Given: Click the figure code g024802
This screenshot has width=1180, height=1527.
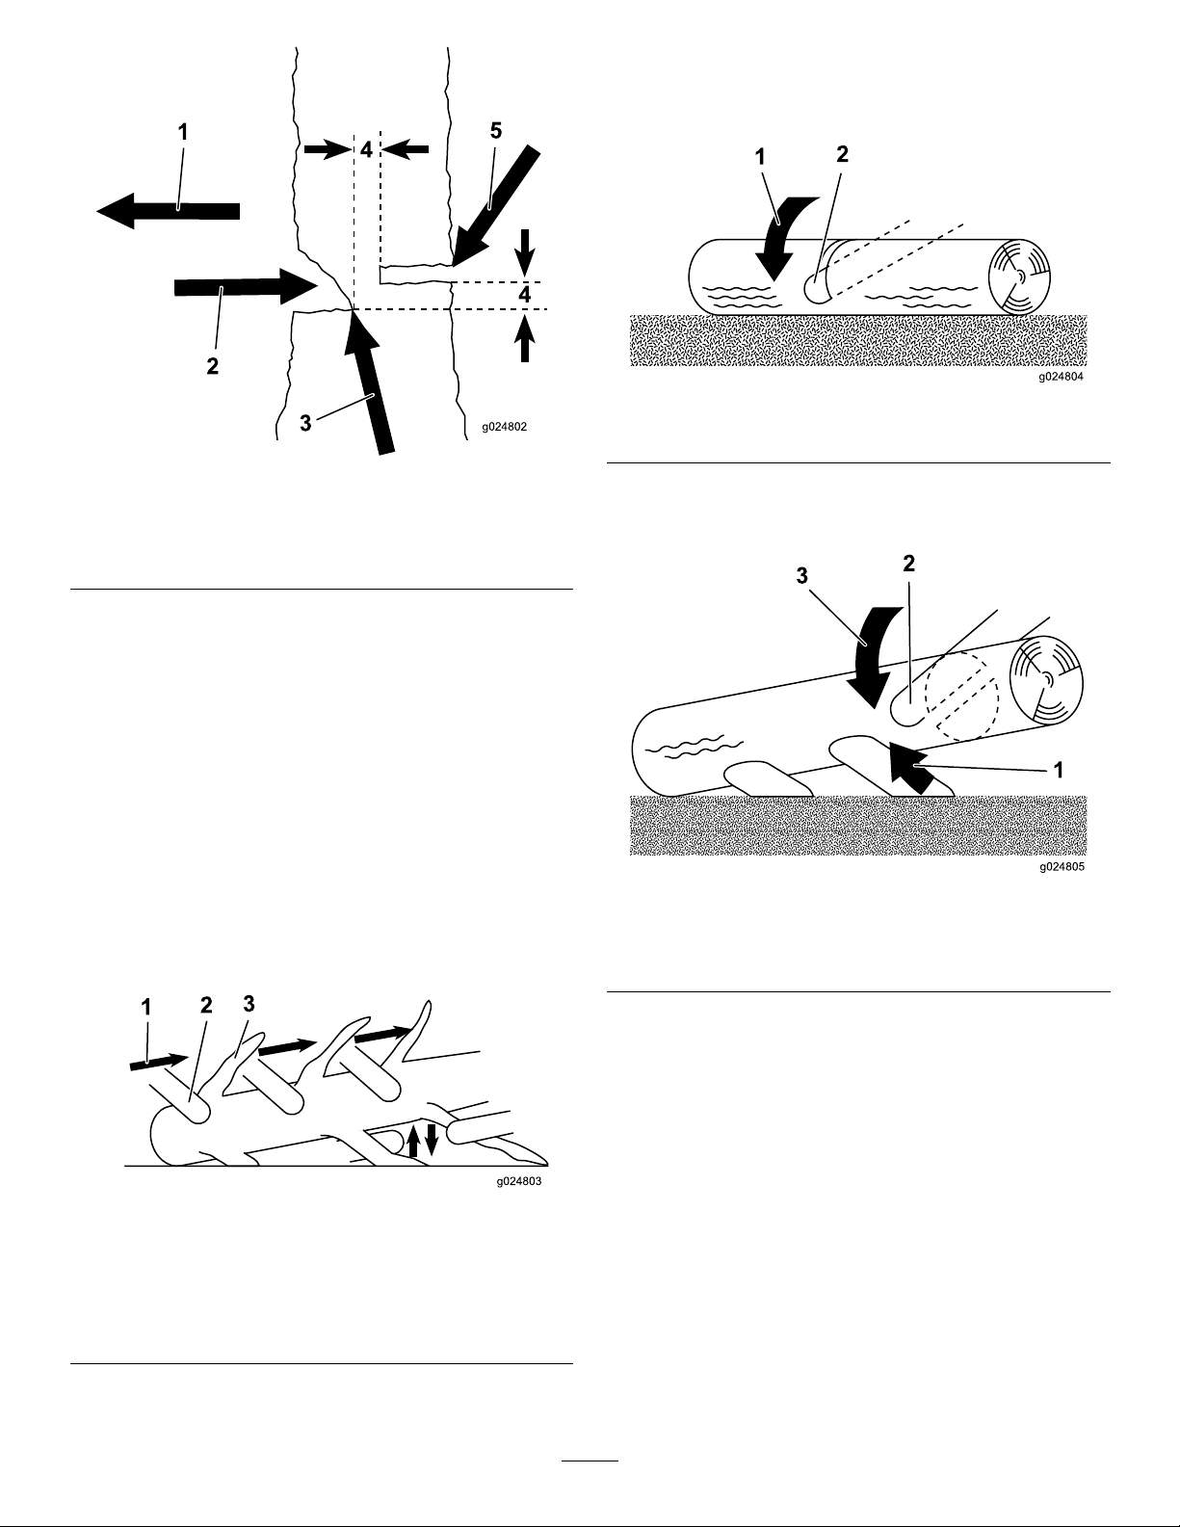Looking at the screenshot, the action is pyautogui.click(x=504, y=427).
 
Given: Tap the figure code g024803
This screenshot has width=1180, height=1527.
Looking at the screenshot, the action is pyautogui.click(x=518, y=1182).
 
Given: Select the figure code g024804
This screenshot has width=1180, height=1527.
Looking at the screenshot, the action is pyautogui.click(x=1062, y=377).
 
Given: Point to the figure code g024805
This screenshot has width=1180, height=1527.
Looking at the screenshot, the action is pyautogui.click(x=1062, y=867).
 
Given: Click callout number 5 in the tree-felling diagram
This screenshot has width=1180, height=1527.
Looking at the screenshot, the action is pyautogui.click(x=496, y=131).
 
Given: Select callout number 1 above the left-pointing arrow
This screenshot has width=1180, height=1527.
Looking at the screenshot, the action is pyautogui.click(x=183, y=132).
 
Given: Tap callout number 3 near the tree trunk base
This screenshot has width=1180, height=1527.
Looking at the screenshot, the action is pyautogui.click(x=305, y=424).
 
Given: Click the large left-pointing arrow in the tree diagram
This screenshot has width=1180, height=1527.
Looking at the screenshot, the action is pyautogui.click(x=169, y=211).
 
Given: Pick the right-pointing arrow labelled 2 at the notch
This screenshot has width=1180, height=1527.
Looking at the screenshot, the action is pyautogui.click(x=246, y=287).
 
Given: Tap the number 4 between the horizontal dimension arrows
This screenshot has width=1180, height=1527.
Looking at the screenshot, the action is pyautogui.click(x=367, y=149).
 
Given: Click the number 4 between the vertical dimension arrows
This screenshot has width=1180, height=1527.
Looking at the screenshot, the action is pyautogui.click(x=525, y=295).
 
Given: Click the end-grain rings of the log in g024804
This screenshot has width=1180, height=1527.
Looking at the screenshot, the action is pyautogui.click(x=1020, y=276).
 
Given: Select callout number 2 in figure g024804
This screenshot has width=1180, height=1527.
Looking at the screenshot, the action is pyautogui.click(x=842, y=154).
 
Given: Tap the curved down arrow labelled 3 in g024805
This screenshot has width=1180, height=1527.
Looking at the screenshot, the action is pyautogui.click(x=870, y=653).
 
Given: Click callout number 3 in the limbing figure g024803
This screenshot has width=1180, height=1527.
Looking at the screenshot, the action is pyautogui.click(x=249, y=1004).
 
